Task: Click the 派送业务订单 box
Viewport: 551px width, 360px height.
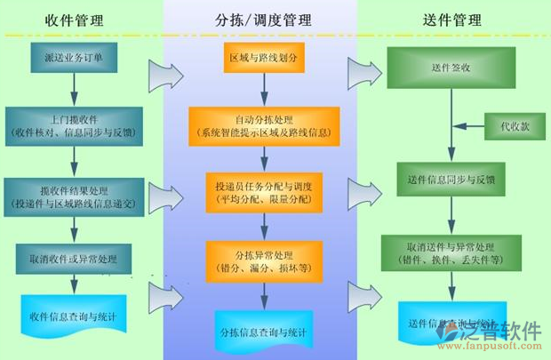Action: tap(74, 57)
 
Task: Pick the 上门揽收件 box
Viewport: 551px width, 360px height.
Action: tap(74, 125)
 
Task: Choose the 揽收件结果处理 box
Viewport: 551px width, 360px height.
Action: tap(74, 194)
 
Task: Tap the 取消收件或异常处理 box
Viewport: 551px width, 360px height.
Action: tap(74, 259)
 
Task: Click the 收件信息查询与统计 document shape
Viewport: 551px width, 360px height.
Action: tap(74, 316)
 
